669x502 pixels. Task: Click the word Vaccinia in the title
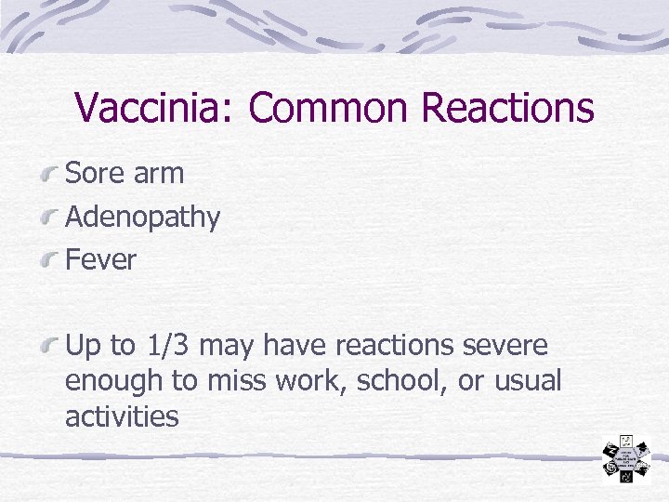(155, 108)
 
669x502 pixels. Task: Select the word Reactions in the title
(506, 108)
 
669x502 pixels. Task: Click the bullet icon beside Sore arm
(51, 174)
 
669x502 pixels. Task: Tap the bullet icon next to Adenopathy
(51, 218)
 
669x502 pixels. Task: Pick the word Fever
(100, 260)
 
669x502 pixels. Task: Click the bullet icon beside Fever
(51, 261)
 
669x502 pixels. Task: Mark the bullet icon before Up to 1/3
(51, 347)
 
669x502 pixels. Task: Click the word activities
(122, 416)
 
